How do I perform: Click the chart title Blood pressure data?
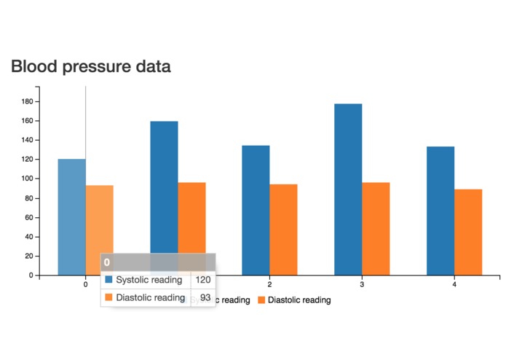[x=90, y=67]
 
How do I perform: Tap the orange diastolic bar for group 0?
[x=100, y=219]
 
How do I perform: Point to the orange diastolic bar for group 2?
[x=283, y=230]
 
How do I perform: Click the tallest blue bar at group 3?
[x=348, y=189]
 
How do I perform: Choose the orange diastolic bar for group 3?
[x=376, y=229]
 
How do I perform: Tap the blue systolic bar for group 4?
[x=440, y=211]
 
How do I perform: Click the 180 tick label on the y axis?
[x=27, y=101]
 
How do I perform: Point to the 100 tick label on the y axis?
[x=27, y=179]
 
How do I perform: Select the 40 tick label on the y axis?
[x=29, y=237]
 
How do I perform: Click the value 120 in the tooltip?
[x=203, y=280]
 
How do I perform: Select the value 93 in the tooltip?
[x=205, y=297]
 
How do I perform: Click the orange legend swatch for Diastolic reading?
[x=262, y=300]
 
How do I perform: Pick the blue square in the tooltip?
[x=109, y=280]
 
